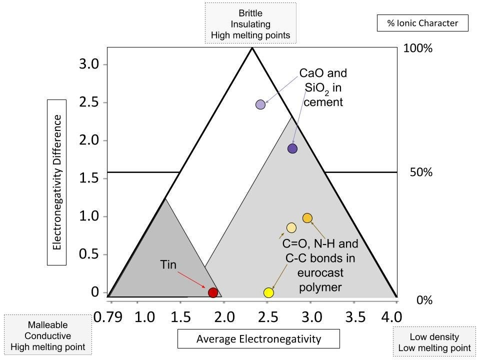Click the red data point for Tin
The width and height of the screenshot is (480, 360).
pyautogui.click(x=213, y=292)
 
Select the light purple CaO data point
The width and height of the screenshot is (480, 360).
pyautogui.click(x=260, y=104)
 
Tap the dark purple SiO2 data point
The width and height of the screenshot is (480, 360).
pyautogui.click(x=292, y=148)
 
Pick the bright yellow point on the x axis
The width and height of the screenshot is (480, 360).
pyautogui.click(x=268, y=292)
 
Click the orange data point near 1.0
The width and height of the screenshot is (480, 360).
pyautogui.click(x=307, y=218)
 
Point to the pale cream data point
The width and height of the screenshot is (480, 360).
pyautogui.click(x=291, y=228)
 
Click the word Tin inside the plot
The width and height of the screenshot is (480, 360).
pyautogui.click(x=168, y=264)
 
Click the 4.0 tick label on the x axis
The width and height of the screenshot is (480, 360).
pyautogui.click(x=391, y=317)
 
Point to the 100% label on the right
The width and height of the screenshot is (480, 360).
pyautogui.click(x=417, y=48)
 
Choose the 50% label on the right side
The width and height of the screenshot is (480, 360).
pyautogui.click(x=420, y=172)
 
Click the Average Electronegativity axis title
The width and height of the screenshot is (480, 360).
pyautogui.click(x=258, y=339)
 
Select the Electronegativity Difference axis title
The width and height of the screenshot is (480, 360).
pyautogui.click(x=57, y=182)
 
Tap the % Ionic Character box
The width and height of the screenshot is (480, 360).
pyautogui.click(x=422, y=23)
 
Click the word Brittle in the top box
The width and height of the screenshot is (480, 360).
pyautogui.click(x=250, y=13)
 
